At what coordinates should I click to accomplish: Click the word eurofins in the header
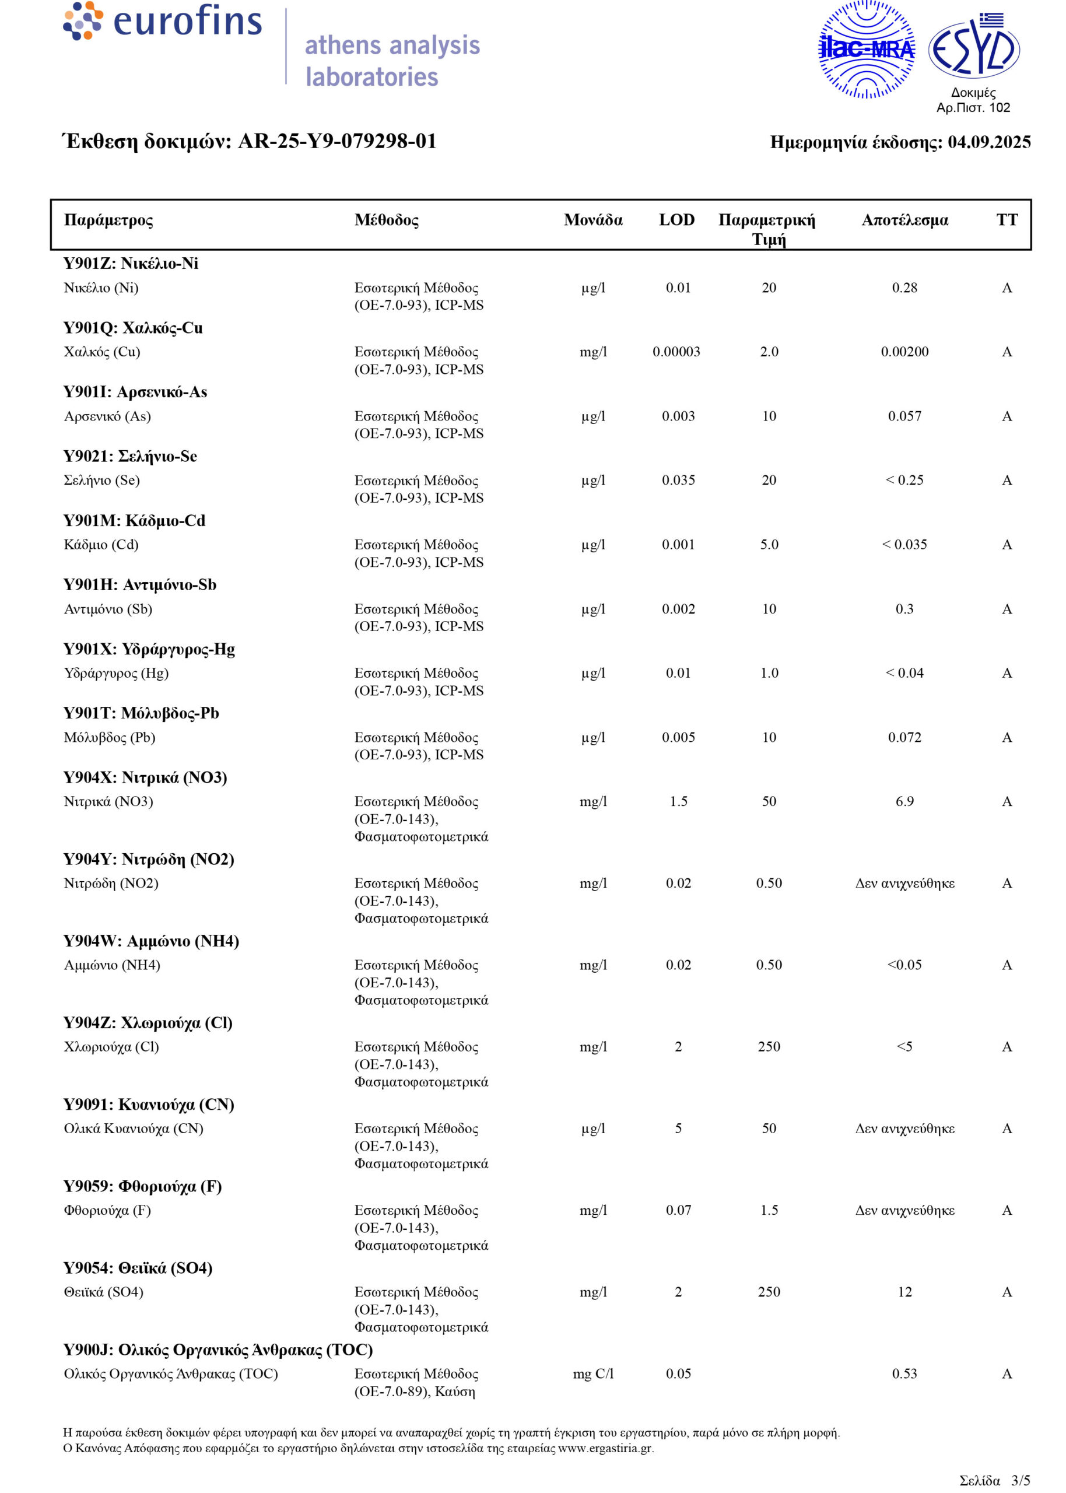[x=187, y=21]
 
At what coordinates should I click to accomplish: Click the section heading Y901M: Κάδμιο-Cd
[x=134, y=520]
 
